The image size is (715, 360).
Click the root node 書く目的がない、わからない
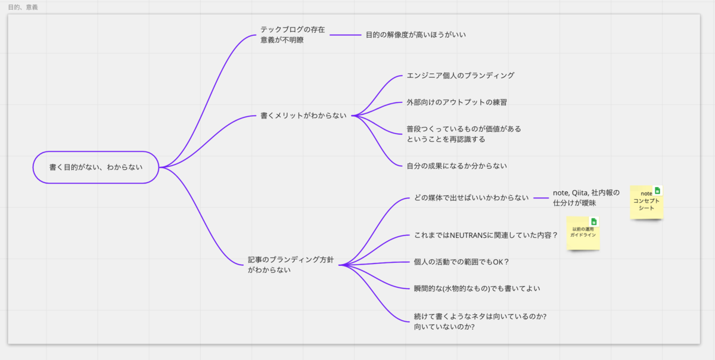[x=96, y=167]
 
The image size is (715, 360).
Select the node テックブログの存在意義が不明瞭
[x=293, y=35]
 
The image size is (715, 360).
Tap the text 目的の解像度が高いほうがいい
[x=415, y=35]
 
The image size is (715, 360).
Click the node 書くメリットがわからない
[x=303, y=116]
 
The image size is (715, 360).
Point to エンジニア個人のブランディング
[x=460, y=76]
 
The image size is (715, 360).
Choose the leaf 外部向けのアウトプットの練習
[x=456, y=102]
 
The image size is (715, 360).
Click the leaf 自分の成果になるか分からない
[x=456, y=166]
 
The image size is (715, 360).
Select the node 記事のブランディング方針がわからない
[x=291, y=265]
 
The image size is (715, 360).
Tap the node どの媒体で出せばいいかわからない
[x=471, y=198]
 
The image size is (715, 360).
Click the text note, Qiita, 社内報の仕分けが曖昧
[x=586, y=198]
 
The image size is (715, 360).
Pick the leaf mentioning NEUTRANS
[x=486, y=235]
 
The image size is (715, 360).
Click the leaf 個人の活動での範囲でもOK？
[x=461, y=262]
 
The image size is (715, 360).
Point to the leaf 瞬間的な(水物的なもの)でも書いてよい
[x=477, y=288]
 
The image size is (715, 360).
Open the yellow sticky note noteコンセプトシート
[x=646, y=203]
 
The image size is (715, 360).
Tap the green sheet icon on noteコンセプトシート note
[x=658, y=191]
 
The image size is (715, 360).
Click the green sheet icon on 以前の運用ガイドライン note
[x=593, y=222]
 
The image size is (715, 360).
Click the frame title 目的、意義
[x=23, y=7]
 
